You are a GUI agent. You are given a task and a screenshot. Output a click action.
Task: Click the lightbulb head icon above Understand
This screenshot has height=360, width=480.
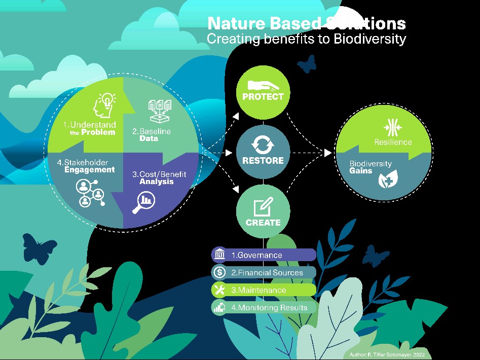tap(104, 105)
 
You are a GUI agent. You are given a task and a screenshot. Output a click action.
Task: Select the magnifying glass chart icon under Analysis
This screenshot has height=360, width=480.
tap(144, 202)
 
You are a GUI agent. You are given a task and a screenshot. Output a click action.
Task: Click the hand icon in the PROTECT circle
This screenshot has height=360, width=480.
tap(263, 85)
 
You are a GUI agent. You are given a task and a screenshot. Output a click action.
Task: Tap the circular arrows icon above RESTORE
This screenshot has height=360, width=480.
tap(263, 145)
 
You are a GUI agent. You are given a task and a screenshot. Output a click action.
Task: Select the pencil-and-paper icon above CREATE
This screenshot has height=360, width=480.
tap(263, 207)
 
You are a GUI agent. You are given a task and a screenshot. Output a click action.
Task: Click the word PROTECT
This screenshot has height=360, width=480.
tap(263, 97)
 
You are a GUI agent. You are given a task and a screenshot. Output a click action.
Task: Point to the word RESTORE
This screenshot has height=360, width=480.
tap(263, 160)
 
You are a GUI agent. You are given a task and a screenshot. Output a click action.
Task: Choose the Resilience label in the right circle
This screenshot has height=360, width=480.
tap(393, 142)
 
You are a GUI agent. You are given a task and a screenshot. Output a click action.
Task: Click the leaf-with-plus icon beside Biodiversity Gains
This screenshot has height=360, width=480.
tap(388, 179)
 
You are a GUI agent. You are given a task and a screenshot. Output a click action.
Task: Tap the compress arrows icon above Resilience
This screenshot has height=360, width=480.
tap(393, 127)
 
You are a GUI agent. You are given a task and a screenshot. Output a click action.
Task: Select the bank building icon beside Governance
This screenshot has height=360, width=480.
tap(219, 255)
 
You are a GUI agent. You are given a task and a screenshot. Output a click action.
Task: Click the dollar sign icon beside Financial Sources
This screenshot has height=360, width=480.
tap(219, 272)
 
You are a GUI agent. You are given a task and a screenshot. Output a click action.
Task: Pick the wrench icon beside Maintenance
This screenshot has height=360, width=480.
tap(219, 290)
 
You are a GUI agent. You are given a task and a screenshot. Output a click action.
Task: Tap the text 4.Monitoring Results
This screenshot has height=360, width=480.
tap(269, 308)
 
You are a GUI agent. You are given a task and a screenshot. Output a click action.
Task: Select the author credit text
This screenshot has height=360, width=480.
tap(387, 354)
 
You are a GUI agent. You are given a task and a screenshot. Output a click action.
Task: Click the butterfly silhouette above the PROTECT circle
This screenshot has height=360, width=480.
tap(307, 64)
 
